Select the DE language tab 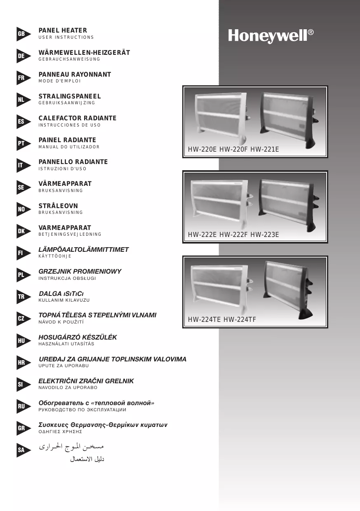21,56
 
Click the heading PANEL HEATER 63,30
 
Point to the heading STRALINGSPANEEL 70,96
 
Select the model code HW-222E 202,235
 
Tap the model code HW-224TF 240,319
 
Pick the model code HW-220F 233,150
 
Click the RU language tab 21,406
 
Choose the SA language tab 21,450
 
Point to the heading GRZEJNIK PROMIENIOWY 80,272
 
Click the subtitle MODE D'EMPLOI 59,81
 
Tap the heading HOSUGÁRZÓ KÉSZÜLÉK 78,337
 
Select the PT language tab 21,143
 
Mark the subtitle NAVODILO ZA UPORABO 68,388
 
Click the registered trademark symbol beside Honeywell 311,32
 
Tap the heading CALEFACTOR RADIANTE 78,118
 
